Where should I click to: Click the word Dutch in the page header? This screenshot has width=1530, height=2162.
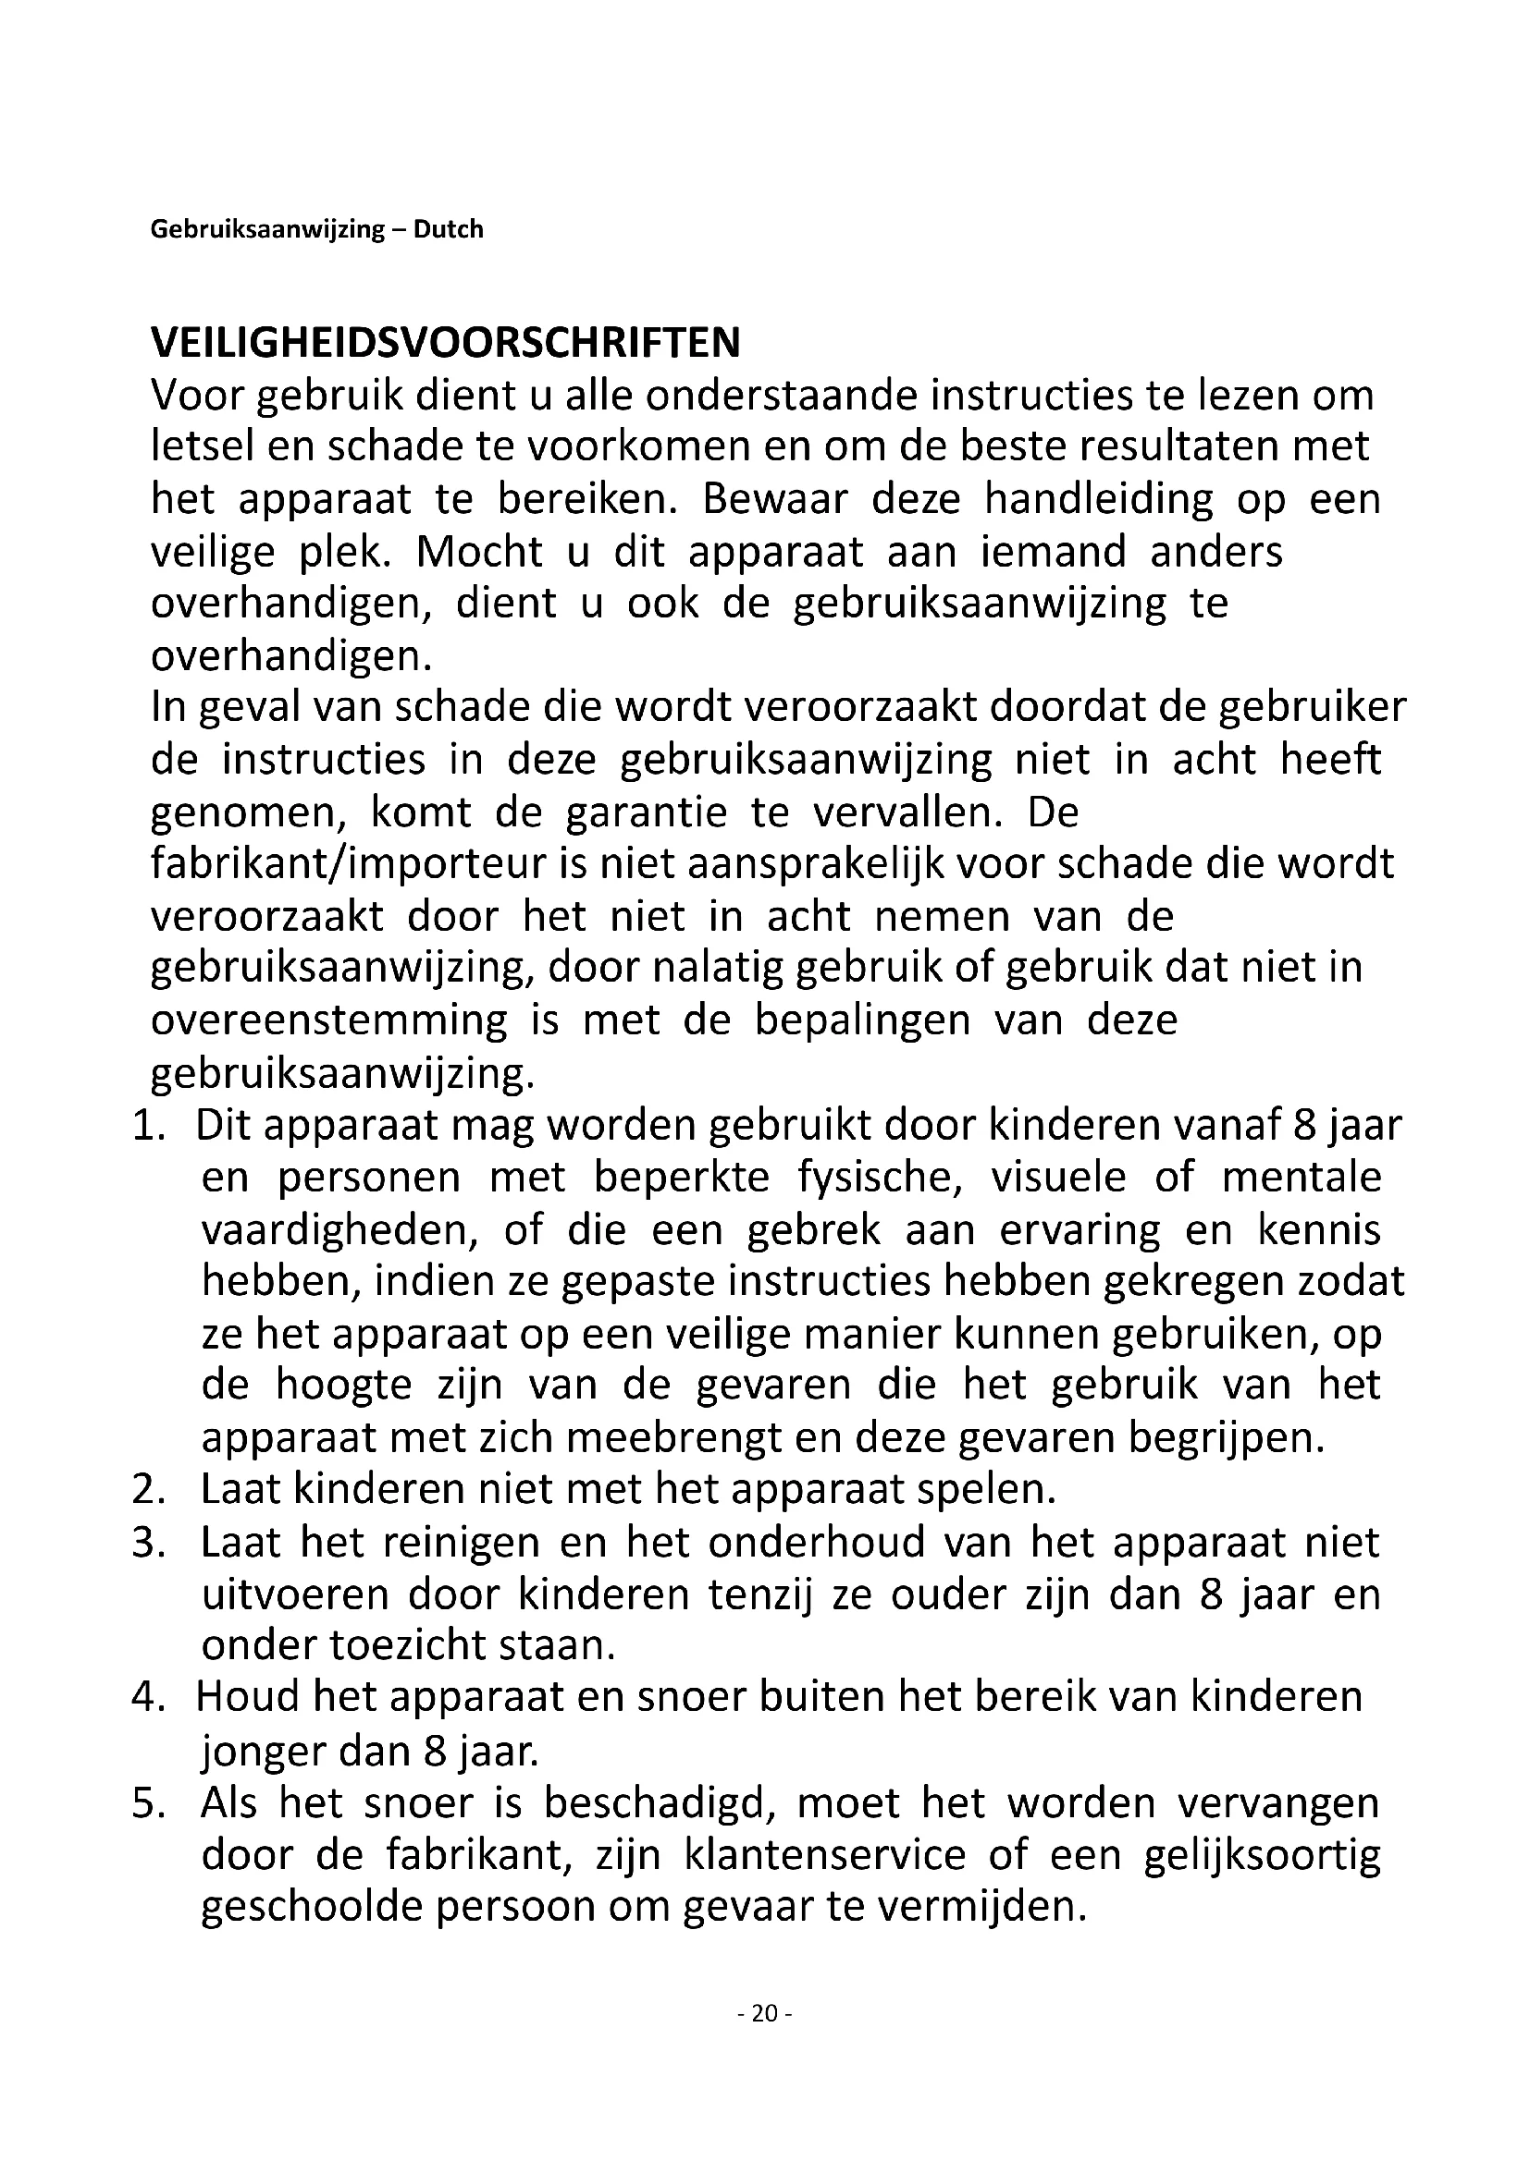tap(448, 229)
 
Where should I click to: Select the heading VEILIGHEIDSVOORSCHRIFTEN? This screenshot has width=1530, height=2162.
tap(446, 343)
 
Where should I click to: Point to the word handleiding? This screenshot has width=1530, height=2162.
tap(1099, 499)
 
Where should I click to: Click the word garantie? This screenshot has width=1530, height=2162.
tap(647, 812)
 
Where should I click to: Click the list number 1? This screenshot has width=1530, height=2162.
tap(147, 1127)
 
